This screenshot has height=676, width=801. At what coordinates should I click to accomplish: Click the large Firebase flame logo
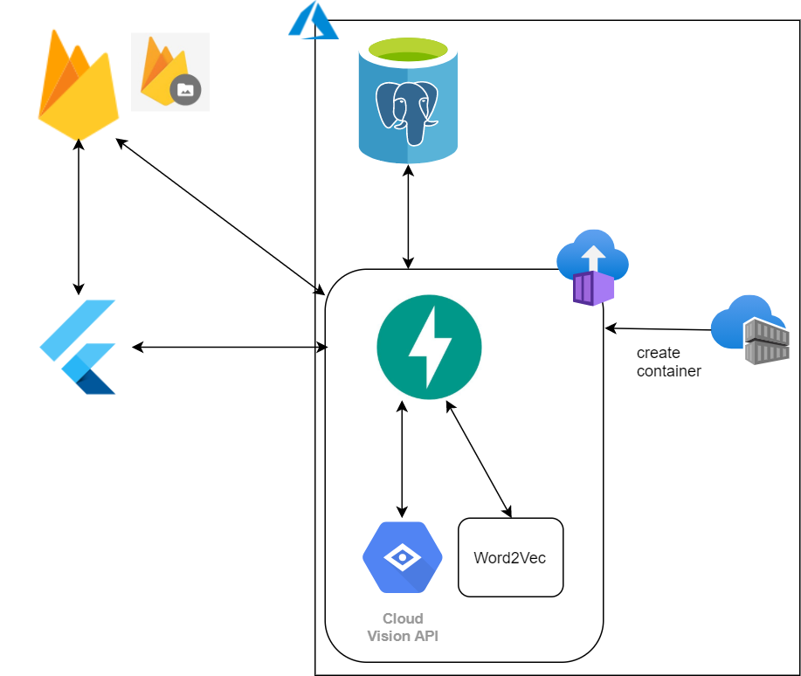click(x=78, y=85)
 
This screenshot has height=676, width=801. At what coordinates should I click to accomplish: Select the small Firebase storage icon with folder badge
click(x=170, y=72)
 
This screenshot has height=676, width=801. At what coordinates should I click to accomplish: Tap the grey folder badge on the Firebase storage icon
click(x=185, y=89)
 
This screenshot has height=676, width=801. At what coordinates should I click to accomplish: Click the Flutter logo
click(x=78, y=347)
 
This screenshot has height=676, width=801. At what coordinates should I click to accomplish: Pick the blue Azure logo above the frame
click(x=313, y=20)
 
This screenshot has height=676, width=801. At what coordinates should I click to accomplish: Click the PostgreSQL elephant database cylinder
click(x=408, y=100)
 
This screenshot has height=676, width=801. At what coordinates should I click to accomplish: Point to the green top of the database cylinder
click(x=408, y=50)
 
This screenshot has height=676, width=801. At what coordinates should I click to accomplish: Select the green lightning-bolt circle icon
click(x=429, y=347)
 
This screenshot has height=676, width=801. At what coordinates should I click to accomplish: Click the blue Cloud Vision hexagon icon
click(x=403, y=557)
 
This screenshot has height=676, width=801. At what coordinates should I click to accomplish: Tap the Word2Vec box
click(x=510, y=557)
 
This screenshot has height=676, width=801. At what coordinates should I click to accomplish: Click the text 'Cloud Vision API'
click(x=403, y=627)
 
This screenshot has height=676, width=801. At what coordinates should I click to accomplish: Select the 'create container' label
click(x=669, y=362)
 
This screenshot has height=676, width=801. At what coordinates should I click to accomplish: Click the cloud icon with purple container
click(x=592, y=267)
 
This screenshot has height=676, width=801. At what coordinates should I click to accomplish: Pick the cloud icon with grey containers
click(x=750, y=329)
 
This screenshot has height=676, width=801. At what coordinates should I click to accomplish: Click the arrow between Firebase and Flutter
click(x=78, y=217)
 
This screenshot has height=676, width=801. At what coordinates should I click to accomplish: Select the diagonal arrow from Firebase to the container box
click(x=220, y=217)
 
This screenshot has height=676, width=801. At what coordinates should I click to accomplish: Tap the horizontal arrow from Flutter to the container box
click(x=230, y=348)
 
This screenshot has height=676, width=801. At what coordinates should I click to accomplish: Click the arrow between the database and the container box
click(x=408, y=217)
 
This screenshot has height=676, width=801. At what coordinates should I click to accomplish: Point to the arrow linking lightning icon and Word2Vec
click(x=479, y=459)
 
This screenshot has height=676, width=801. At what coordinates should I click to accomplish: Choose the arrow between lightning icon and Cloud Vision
click(x=402, y=459)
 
